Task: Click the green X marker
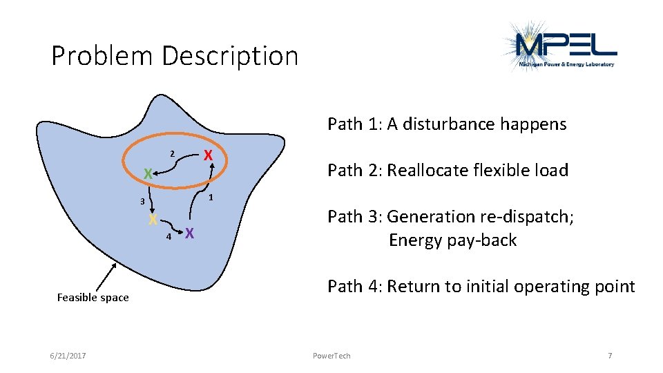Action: point(148,174)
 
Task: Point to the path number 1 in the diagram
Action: point(211,198)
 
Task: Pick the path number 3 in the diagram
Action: point(141,202)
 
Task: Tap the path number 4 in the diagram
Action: point(169,236)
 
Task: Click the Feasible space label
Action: point(93,298)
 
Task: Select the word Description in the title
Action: point(230,56)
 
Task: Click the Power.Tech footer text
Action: point(331,356)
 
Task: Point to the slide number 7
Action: point(609,356)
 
